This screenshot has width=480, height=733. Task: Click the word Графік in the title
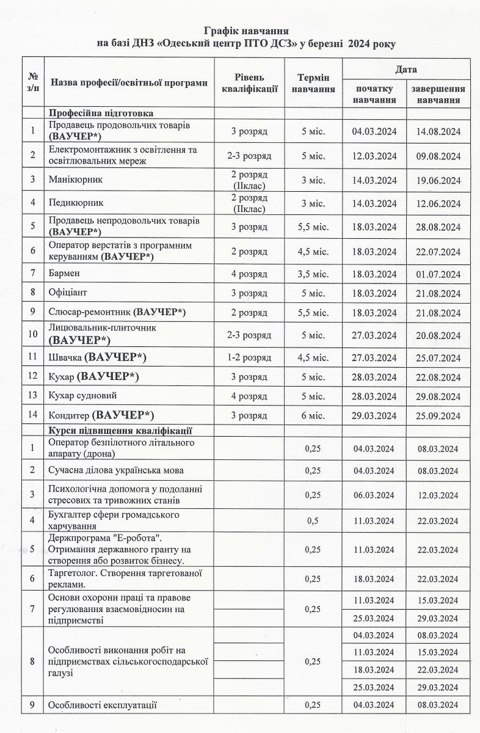(223, 30)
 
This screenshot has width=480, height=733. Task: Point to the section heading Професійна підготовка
(101, 114)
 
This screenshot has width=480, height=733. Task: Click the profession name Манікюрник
(76, 180)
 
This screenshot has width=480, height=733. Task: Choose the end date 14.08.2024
(438, 131)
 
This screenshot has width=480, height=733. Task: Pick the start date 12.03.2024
(374, 156)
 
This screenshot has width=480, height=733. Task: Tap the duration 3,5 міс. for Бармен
(313, 274)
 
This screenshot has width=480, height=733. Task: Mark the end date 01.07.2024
(438, 274)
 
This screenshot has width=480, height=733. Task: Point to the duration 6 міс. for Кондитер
(313, 417)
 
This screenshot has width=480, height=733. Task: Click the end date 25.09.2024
(438, 417)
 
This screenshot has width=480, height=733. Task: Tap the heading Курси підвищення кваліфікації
(121, 430)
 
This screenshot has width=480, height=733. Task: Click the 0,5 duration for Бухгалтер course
(313, 521)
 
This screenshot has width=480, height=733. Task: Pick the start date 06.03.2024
(374, 495)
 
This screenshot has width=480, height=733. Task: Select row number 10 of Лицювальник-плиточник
(33, 334)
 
